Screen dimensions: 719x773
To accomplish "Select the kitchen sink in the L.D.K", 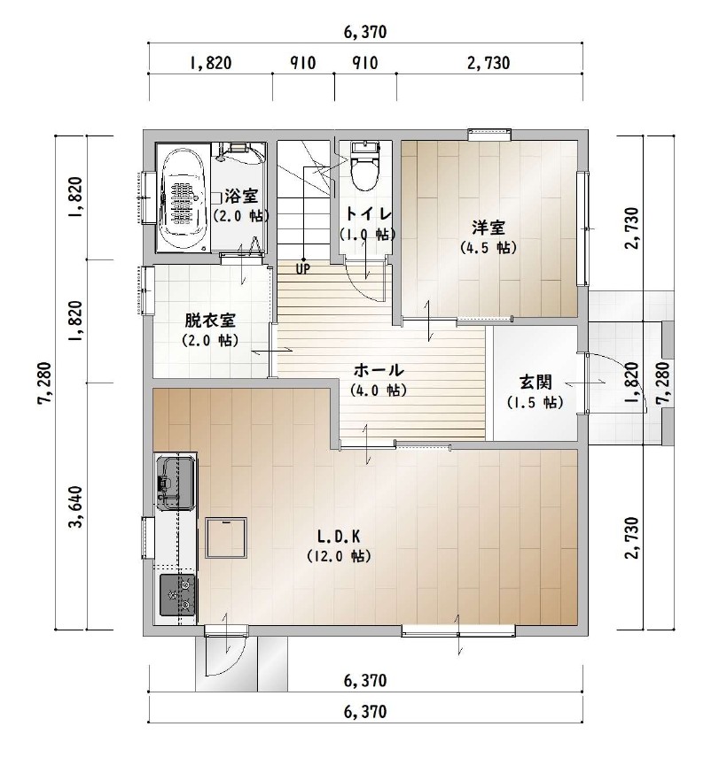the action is pos(174,483).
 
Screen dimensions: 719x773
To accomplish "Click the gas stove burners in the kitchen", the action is pos(176,595).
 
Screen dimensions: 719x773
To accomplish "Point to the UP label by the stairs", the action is pos(302,269).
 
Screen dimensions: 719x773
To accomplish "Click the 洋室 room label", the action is pos(488,228).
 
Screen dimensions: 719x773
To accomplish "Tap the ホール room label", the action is pos(379,369).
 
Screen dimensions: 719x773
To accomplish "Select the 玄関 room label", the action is pos(535,382).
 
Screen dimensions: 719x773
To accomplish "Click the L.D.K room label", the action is pos(339,536).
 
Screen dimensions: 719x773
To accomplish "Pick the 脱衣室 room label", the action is pos(210,321).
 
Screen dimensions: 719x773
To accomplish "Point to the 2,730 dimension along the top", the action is pos(488,63).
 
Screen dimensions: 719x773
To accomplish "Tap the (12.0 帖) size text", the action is pos(339,556).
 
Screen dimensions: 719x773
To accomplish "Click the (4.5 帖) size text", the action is pos(488,247).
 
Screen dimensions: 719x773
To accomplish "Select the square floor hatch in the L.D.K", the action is pos(226,537).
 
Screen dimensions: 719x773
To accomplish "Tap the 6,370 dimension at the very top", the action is pos(365,33).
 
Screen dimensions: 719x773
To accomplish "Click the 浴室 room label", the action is pos(241,197).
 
